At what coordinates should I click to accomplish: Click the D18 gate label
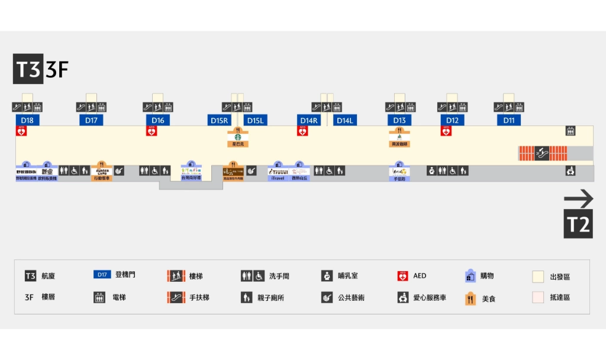[27, 120]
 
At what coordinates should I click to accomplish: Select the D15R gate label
[219, 120]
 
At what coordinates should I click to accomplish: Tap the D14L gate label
[344, 120]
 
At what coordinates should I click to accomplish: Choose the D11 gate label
[509, 120]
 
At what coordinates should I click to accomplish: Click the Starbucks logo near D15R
[237, 135]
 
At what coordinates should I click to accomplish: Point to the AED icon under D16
[151, 131]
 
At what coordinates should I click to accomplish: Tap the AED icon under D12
[446, 131]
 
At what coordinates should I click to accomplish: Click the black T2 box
[578, 225]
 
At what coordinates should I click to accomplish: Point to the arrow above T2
[578, 198]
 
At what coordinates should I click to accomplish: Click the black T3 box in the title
[28, 69]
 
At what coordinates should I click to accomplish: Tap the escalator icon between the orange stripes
[542, 153]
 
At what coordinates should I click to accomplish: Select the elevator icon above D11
[519, 107]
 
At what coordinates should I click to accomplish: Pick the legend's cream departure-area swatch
[538, 277]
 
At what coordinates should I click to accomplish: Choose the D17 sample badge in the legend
[102, 275]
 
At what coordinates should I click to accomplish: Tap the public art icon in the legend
[327, 297]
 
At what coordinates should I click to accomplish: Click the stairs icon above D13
[399, 107]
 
